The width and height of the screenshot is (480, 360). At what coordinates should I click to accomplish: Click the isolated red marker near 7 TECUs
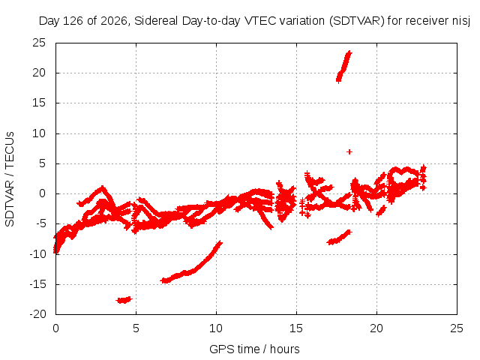pyautogui.click(x=349, y=151)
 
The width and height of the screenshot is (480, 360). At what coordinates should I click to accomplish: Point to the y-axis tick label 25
pyautogui.click(x=39, y=43)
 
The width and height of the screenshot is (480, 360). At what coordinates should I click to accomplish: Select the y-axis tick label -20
pyautogui.click(x=37, y=314)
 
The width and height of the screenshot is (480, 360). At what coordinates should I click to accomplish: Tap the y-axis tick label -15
pyautogui.click(x=37, y=284)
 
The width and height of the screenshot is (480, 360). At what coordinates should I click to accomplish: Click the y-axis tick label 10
pyautogui.click(x=39, y=133)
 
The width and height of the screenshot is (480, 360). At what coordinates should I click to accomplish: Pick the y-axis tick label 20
pyautogui.click(x=39, y=73)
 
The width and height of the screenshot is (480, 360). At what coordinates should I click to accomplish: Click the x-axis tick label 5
pyautogui.click(x=136, y=328)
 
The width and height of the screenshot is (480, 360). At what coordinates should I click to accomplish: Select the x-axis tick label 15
pyautogui.click(x=296, y=328)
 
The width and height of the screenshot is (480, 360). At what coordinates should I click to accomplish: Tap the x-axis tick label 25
pyautogui.click(x=457, y=328)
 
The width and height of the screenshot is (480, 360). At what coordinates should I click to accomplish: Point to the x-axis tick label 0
pyautogui.click(x=55, y=328)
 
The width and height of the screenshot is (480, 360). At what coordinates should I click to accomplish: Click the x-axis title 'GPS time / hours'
pyautogui.click(x=254, y=349)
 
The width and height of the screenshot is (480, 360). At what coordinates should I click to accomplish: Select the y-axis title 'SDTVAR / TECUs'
pyautogui.click(x=10, y=179)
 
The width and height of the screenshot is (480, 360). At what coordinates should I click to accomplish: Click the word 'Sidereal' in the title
pyautogui.click(x=156, y=21)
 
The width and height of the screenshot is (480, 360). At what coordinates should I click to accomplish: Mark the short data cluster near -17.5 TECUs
pyautogui.click(x=124, y=300)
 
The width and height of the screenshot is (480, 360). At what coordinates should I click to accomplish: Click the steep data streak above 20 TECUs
pyautogui.click(x=344, y=67)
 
